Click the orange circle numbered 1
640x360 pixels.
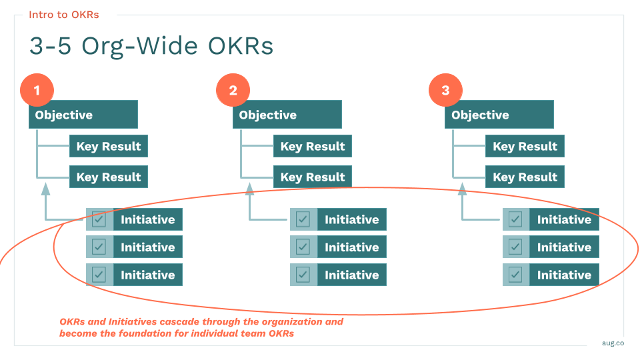[37, 91]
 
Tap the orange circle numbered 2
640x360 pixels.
[233, 91]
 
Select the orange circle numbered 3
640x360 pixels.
[445, 91]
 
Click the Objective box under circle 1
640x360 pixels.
[83, 115]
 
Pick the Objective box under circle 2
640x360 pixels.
[287, 115]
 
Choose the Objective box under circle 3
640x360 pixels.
[499, 115]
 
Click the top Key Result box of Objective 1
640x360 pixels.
[109, 147]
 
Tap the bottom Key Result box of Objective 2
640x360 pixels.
[313, 177]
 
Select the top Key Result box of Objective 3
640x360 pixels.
[525, 147]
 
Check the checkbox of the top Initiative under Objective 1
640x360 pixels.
[99, 219]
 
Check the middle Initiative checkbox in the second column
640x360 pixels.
[303, 247]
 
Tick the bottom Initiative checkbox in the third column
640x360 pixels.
[515, 275]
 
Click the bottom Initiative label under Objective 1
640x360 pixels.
[147, 275]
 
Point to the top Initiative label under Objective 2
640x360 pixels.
[351, 219]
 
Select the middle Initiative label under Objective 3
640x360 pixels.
[564, 247]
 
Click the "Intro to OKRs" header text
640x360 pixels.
[63, 15]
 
